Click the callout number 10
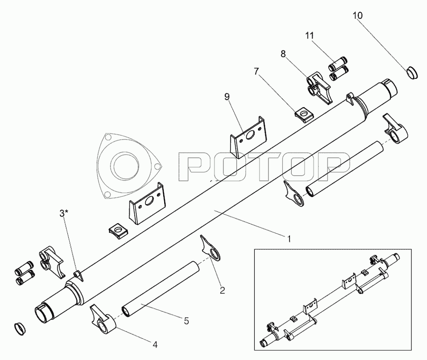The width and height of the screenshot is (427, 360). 358,16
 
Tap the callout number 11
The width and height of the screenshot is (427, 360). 309,36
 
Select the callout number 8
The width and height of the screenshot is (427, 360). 283,54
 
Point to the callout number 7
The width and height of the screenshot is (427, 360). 256,71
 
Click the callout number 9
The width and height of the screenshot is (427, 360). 227,97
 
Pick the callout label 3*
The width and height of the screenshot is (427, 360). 63,213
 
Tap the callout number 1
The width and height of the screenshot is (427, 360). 289,239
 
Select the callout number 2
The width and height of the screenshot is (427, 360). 223,291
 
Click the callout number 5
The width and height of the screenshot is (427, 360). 186,321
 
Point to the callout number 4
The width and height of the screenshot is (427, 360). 155,345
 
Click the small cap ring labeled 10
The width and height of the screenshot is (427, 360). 412,73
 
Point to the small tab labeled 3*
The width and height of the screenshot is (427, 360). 79,275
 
